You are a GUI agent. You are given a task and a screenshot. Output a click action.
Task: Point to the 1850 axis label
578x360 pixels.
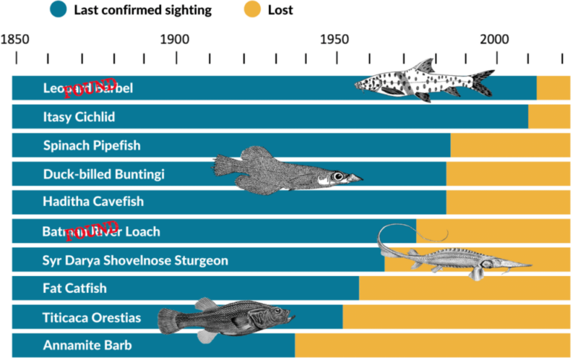click(13, 38)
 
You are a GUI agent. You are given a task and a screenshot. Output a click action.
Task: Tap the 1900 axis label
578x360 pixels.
click(174, 38)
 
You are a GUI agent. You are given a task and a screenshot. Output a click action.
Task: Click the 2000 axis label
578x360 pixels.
click(495, 38)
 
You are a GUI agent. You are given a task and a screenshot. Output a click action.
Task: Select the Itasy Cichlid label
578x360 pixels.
click(79, 116)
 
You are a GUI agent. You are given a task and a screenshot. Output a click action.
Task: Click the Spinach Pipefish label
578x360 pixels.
click(92, 145)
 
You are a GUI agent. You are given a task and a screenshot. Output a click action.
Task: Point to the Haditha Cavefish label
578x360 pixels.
click(93, 202)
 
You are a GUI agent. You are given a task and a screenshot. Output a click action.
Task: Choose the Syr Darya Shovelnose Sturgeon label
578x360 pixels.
click(135, 260)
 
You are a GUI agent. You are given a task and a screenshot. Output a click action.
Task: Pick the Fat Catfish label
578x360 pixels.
click(74, 288)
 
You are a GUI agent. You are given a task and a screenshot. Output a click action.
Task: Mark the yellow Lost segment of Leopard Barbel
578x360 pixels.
click(553, 87)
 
